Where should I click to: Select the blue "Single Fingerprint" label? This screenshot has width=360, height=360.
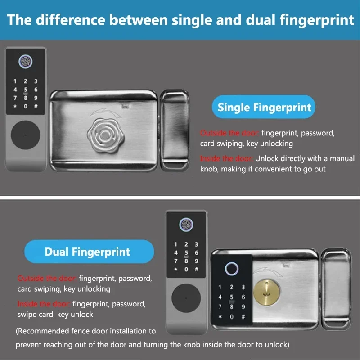point(264,108)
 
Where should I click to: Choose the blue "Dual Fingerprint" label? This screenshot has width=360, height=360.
point(87,252)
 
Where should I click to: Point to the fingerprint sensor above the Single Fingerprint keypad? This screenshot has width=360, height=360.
point(25,63)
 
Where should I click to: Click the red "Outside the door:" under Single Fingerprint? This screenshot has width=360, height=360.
point(229,133)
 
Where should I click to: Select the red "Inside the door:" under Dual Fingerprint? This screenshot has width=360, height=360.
point(44,304)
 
